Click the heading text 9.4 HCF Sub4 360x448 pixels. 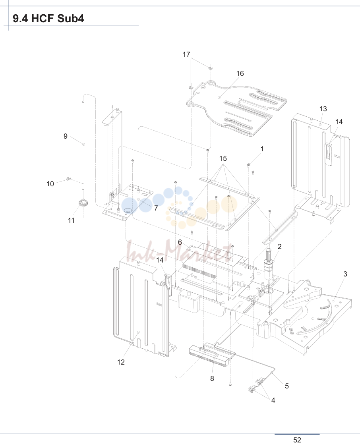(48, 19)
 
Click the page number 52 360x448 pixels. (297, 440)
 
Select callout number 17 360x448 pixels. (186, 54)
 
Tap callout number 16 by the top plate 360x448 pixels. (240, 73)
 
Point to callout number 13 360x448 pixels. (323, 109)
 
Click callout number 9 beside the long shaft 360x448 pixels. (66, 136)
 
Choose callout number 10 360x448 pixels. (50, 184)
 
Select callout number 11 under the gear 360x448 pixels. (71, 220)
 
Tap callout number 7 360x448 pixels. (156, 208)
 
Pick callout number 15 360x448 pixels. (223, 158)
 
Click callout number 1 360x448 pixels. (262, 149)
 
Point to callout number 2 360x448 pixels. (279, 246)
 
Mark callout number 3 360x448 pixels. (345, 274)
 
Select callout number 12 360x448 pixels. (121, 362)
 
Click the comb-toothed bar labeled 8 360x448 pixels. (212, 355)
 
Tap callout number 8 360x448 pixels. (212, 378)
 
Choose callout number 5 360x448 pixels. (287, 386)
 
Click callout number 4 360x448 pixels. (273, 400)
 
